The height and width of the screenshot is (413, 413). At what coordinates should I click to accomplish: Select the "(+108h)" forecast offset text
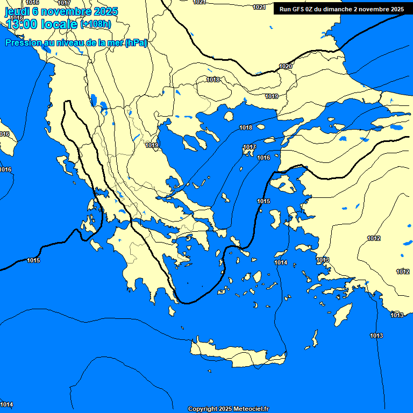click(96, 24)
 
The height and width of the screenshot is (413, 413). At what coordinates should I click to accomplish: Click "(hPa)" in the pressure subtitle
click(136, 43)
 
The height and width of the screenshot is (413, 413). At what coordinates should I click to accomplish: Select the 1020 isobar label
click(286, 66)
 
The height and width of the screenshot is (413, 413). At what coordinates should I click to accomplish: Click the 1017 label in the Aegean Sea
click(249, 147)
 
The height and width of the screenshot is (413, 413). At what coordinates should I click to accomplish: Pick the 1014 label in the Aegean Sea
click(281, 262)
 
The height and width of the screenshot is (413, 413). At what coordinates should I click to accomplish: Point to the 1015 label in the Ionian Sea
click(33, 261)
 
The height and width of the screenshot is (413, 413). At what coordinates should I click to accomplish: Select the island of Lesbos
click(284, 185)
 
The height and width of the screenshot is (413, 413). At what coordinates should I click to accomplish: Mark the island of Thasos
click(229, 116)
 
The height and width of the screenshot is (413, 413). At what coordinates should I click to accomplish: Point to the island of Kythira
click(172, 311)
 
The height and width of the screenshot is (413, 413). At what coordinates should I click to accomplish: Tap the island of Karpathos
click(315, 339)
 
